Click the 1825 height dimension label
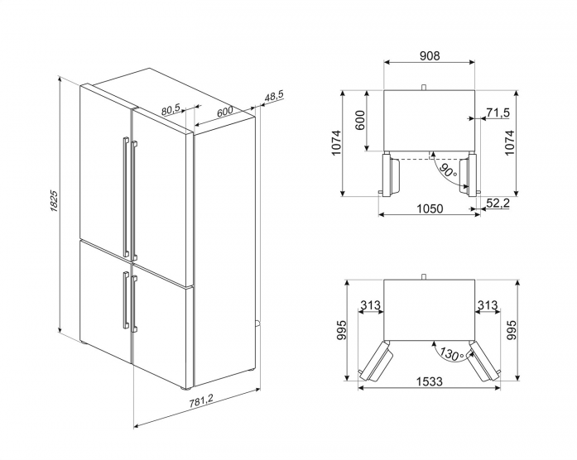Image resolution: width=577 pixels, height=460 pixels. coord(54,200)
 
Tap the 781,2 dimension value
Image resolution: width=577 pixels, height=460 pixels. coord(201,401)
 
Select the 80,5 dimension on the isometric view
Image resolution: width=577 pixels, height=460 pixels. coord(171,109)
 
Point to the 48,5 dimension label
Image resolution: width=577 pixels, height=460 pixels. coord(274,96)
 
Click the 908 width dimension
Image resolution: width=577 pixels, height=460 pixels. coord(430,55)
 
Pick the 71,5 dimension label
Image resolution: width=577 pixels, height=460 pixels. coord(498,113)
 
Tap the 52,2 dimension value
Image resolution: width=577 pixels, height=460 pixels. coord(498,203)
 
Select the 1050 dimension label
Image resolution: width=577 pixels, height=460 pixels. coord(430,208)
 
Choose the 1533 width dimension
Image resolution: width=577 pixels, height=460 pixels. coord(430,381)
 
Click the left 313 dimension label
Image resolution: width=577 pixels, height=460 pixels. coord(370,304)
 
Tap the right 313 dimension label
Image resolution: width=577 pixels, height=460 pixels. coord(488,304)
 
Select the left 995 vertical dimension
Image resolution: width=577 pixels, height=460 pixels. coord(341,331)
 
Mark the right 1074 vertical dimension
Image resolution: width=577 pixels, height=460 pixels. coord(509,142)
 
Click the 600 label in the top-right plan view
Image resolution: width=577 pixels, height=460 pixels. coord(360,120)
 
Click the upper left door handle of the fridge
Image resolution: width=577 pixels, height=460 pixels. coord(126,197)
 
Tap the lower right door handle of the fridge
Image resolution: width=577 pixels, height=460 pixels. coord(134,304)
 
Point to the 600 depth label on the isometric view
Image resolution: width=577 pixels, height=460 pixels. coord(224,112)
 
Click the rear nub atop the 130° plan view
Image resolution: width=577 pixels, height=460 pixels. coord(424,276)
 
